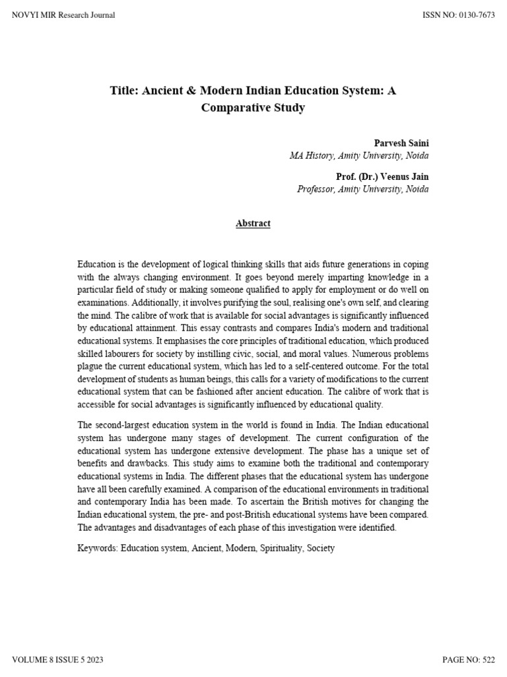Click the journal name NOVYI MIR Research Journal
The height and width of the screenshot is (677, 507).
(63, 15)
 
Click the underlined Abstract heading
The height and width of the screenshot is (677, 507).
(253, 223)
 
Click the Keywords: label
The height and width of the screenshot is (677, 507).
(97, 548)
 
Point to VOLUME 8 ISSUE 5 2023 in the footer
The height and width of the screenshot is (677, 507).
(58, 660)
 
